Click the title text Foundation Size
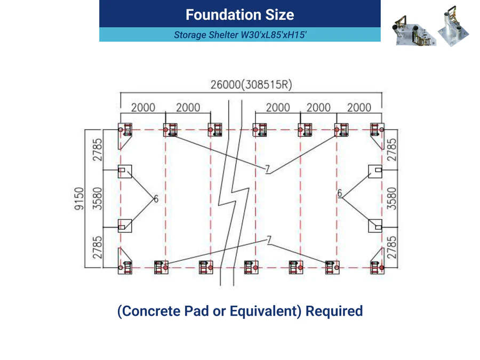[239, 15]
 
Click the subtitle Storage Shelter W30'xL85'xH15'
[240, 35]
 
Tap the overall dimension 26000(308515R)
[251, 84]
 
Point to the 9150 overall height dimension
[79, 198]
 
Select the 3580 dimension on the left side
[97, 198]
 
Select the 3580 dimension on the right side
[391, 198]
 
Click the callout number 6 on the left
[156, 199]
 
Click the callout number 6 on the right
[340, 193]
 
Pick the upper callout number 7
[267, 169]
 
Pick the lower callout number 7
[269, 240]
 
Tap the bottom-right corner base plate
[377, 261]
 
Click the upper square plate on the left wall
[125, 171]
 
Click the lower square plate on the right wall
[375, 226]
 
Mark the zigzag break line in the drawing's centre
[234, 193]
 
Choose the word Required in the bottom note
[334, 311]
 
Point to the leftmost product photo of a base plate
[413, 30]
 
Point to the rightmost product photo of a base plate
[453, 26]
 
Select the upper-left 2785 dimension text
[97, 150]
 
